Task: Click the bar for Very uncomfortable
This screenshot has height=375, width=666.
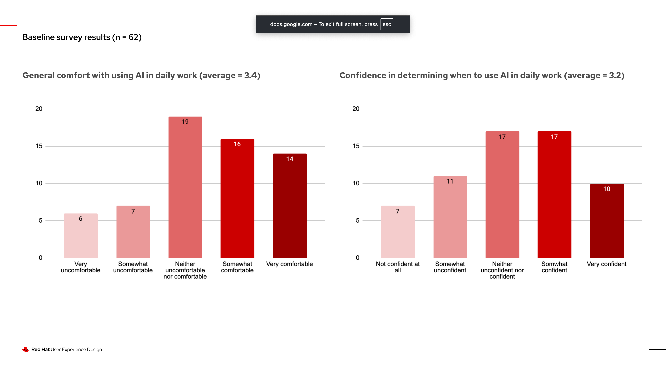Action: coord(81,236)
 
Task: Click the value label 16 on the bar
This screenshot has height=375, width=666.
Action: coord(237,144)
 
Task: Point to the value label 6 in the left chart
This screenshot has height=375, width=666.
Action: coord(80,219)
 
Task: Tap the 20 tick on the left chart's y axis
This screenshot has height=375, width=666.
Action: coord(39,109)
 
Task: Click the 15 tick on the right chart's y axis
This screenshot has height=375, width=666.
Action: coord(356,146)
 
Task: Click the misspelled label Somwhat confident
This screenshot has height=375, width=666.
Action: coord(554,267)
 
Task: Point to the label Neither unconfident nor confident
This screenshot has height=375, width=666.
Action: coord(502,270)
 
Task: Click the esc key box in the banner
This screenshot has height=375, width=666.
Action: coord(387,24)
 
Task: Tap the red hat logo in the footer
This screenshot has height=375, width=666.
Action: coord(25,349)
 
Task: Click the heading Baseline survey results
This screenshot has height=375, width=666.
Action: coord(82,37)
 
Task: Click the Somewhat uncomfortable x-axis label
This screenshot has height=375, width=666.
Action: coord(133,267)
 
